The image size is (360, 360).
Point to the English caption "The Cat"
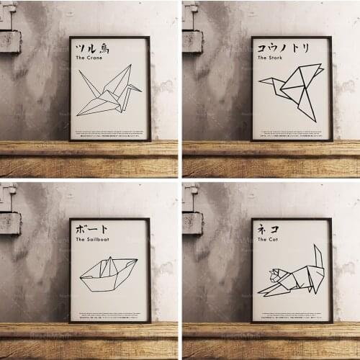[x=268, y=240]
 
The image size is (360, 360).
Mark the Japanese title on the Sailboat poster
[x=91, y=229]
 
